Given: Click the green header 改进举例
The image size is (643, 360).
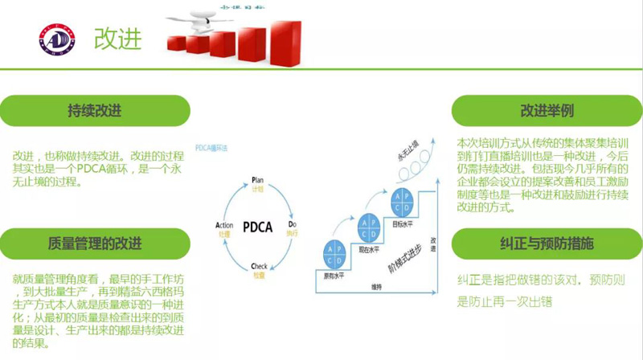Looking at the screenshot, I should tap(547, 110).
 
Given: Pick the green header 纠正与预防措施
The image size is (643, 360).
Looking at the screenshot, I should tap(547, 242).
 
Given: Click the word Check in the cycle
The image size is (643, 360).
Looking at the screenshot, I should tap(259, 266).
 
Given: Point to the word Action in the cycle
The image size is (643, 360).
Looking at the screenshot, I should tap(224, 226).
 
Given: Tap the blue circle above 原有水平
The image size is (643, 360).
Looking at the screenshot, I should tap(334, 252).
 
